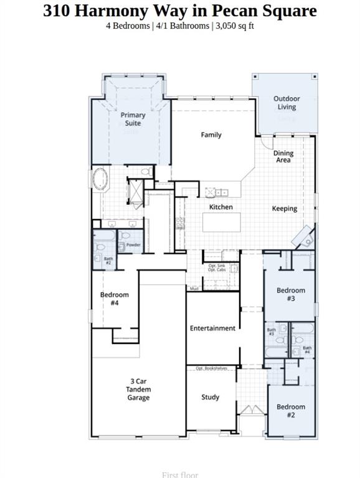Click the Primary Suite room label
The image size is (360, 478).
(x=133, y=119)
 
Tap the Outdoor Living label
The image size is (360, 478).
(x=287, y=103)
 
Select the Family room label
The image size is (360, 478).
(x=211, y=134)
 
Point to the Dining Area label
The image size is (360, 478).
(x=283, y=157)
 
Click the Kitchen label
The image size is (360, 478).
(x=221, y=207)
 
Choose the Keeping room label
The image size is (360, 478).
(x=285, y=209)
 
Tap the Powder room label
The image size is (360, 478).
(x=133, y=245)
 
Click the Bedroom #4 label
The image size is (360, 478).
(x=115, y=299)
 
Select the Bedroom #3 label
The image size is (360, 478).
(x=291, y=294)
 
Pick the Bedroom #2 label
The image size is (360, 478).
(x=291, y=411)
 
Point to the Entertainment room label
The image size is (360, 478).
(x=213, y=328)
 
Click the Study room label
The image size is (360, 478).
(x=211, y=397)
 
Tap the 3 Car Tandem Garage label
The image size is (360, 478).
(x=138, y=390)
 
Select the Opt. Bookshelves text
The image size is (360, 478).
(x=212, y=368)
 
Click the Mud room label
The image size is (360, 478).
(x=194, y=289)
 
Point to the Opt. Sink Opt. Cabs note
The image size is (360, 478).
(x=217, y=268)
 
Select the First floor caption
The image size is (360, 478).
(x=180, y=475)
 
